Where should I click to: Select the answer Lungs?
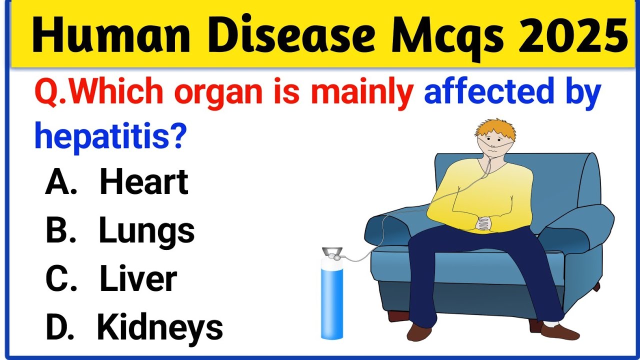coord(147,231)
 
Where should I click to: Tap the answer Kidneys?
coord(160,328)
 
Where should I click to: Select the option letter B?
coord(61,231)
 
